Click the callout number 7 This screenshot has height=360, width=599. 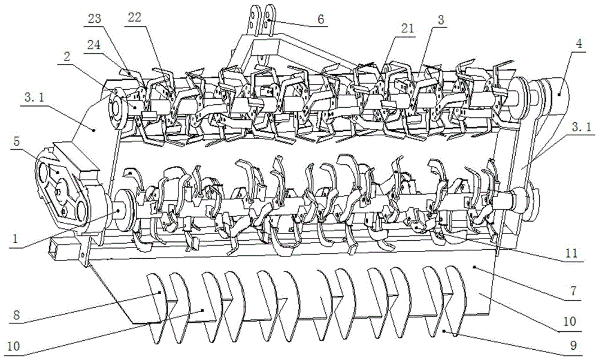point(573,291)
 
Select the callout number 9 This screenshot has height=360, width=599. point(573,346)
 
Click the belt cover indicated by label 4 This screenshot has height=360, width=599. point(552,96)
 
